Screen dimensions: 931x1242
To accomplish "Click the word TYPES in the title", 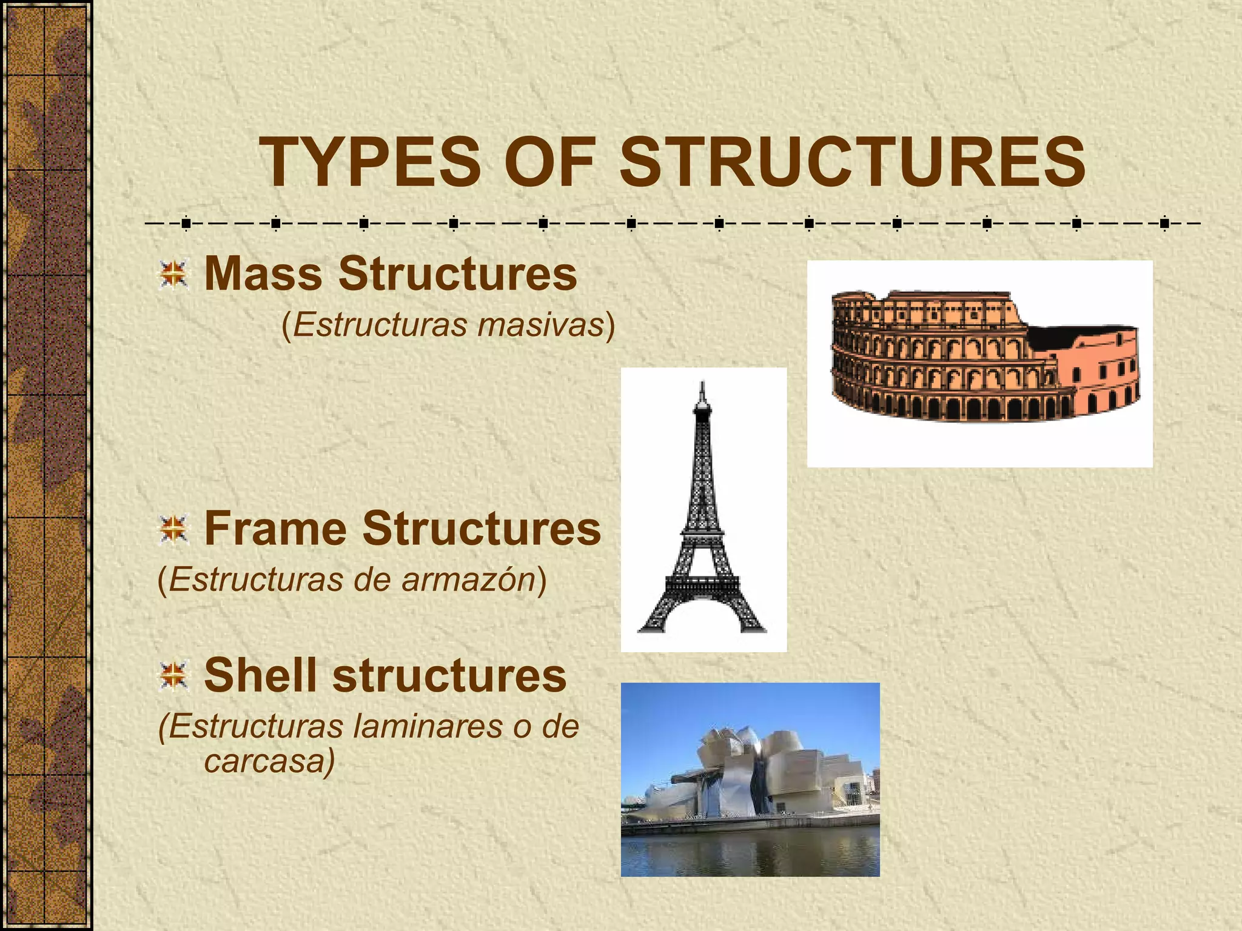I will click(370, 162).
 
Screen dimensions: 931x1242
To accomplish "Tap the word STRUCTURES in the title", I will click(852, 162).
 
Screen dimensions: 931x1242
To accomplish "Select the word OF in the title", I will click(549, 162).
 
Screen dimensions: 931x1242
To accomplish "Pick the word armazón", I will click(468, 579).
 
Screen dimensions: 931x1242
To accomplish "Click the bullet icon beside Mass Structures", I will click(173, 275).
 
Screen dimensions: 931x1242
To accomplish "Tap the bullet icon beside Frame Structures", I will click(173, 529).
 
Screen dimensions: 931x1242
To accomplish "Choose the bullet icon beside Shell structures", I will click(173, 676).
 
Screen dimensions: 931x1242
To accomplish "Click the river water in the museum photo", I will click(750, 852).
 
